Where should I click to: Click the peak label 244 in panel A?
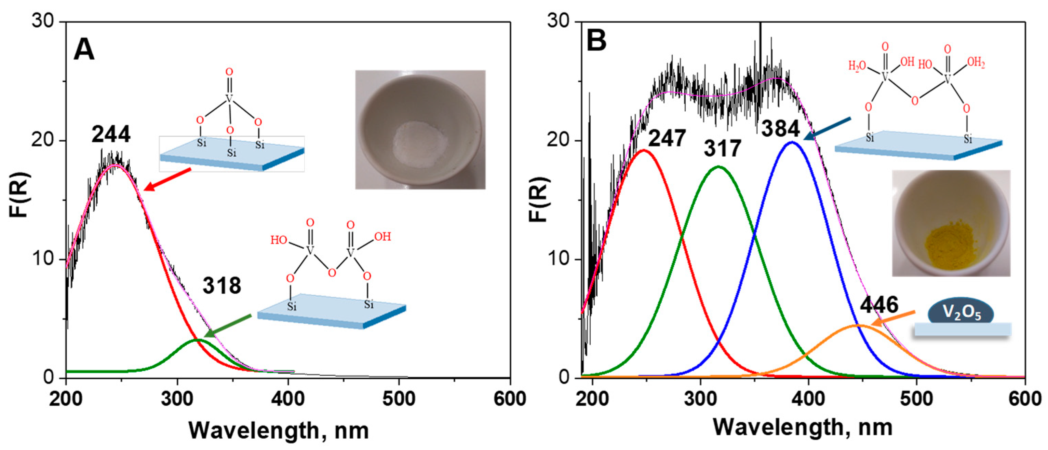[111, 134]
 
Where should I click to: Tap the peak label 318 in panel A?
[222, 286]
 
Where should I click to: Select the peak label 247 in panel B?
[667, 138]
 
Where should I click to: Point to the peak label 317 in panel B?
[723, 149]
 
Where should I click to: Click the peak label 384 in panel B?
[780, 129]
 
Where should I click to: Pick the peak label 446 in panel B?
[879, 305]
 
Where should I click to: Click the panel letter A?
[84, 51]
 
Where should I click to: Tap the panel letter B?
[596, 41]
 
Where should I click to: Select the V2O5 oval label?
[960, 313]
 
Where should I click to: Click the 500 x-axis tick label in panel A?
[399, 399]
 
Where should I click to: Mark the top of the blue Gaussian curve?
[791, 142]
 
